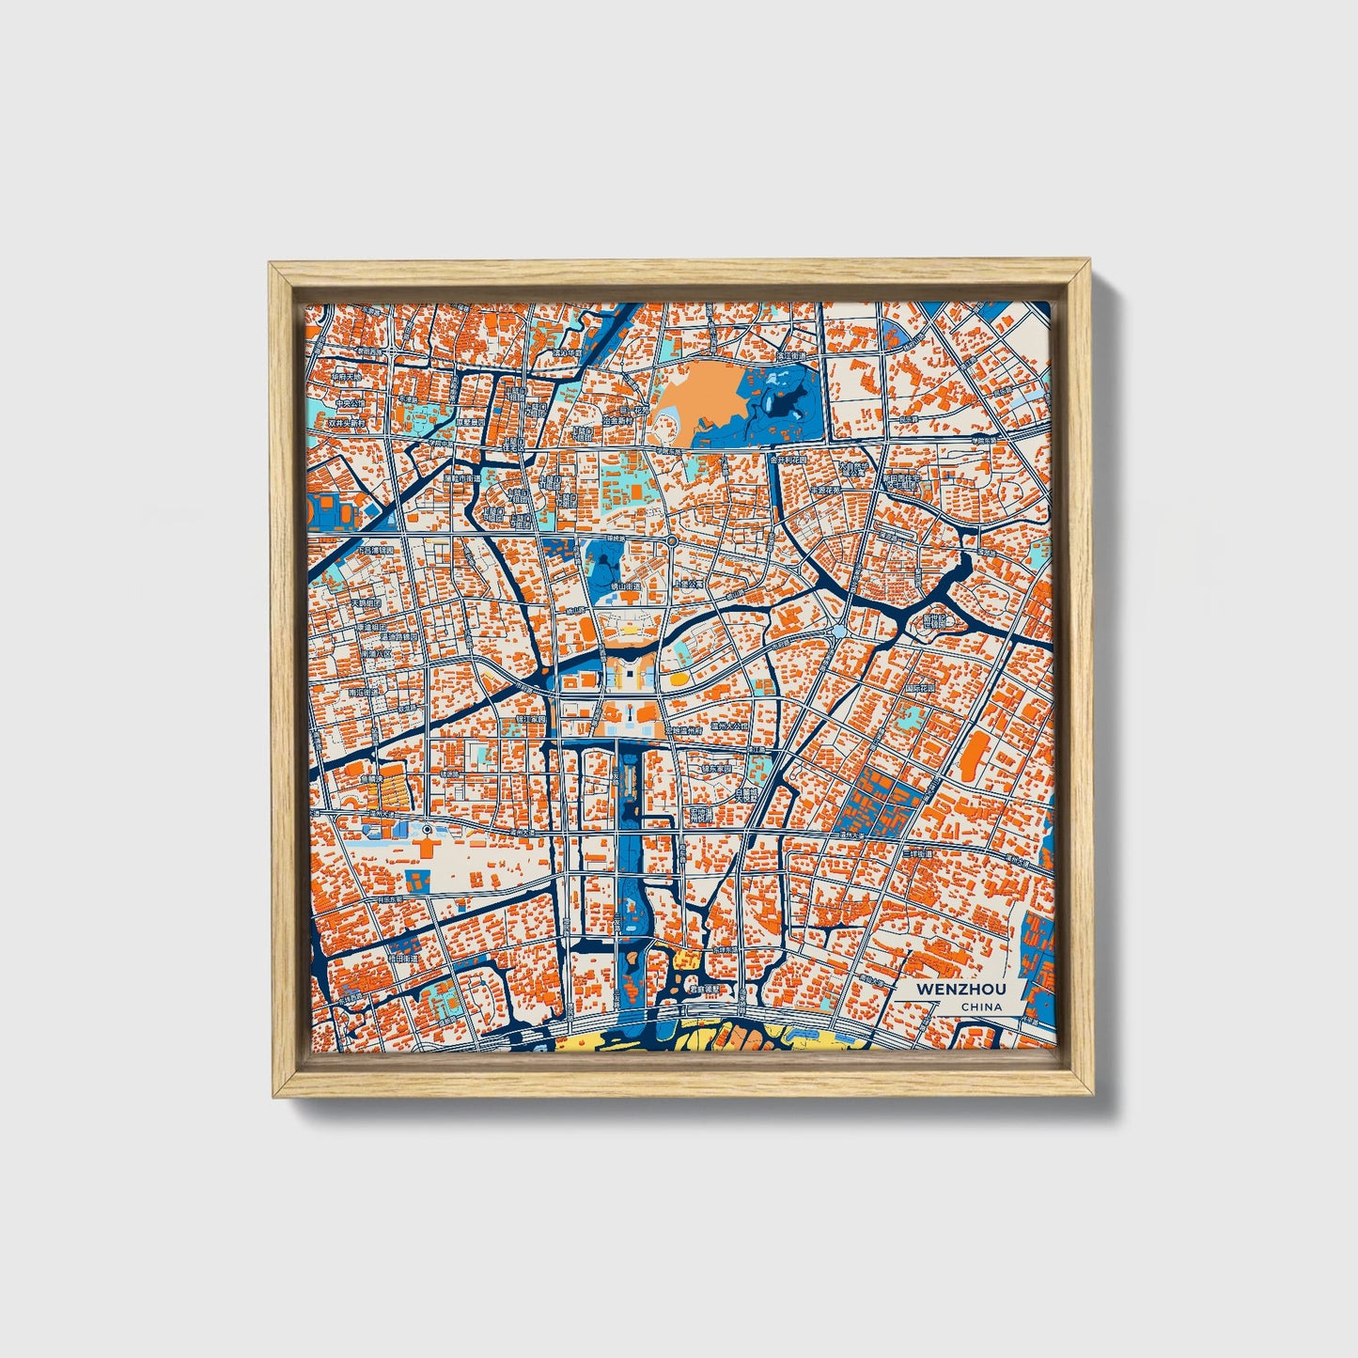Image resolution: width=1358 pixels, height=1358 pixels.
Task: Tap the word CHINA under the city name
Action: point(981,1007)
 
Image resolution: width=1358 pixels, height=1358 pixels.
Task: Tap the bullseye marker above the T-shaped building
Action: point(428,830)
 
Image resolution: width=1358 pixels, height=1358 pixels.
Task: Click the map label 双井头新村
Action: point(348,424)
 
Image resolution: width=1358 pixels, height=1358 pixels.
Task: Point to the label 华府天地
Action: point(346,377)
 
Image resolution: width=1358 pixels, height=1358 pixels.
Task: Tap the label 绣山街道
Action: point(625,585)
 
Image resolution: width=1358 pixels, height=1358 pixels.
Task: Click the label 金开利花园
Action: point(787,460)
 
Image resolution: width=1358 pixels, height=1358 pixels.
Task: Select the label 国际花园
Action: point(922,689)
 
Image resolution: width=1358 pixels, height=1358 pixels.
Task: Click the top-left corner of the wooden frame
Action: point(271,264)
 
